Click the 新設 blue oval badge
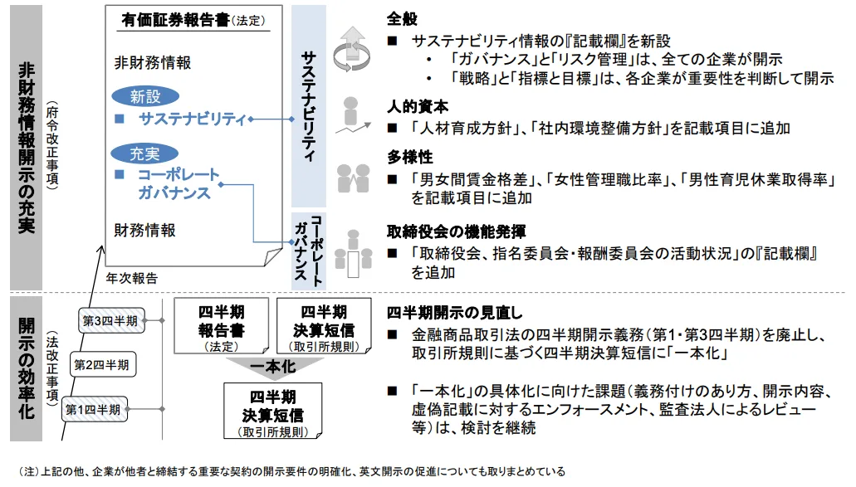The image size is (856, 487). pyautogui.click(x=144, y=97)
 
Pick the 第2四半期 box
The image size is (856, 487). pyautogui.click(x=100, y=364)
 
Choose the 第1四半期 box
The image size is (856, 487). pyautogui.click(x=93, y=409)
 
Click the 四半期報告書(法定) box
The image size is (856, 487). pyautogui.click(x=221, y=327)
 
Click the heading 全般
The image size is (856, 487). pyautogui.click(x=403, y=18)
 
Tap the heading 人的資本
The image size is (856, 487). pyautogui.click(x=418, y=107)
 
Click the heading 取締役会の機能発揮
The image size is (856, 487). pyautogui.click(x=456, y=231)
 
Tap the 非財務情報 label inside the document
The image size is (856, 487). pyautogui.click(x=153, y=62)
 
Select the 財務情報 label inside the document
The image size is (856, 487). pyautogui.click(x=145, y=230)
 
